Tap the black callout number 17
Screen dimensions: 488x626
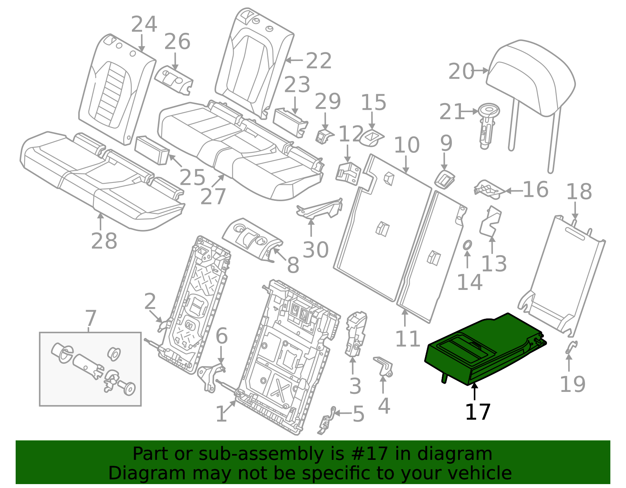point(478,412)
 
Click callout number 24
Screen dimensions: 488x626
point(144,25)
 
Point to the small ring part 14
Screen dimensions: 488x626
point(467,245)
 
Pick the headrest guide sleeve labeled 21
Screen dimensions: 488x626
point(487,125)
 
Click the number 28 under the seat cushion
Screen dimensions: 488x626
point(104,241)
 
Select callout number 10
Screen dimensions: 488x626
point(407,145)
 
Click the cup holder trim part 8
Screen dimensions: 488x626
point(252,238)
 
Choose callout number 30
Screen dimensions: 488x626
point(315,250)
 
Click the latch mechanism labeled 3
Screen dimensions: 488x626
point(355,334)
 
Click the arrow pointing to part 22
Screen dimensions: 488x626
point(294,60)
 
